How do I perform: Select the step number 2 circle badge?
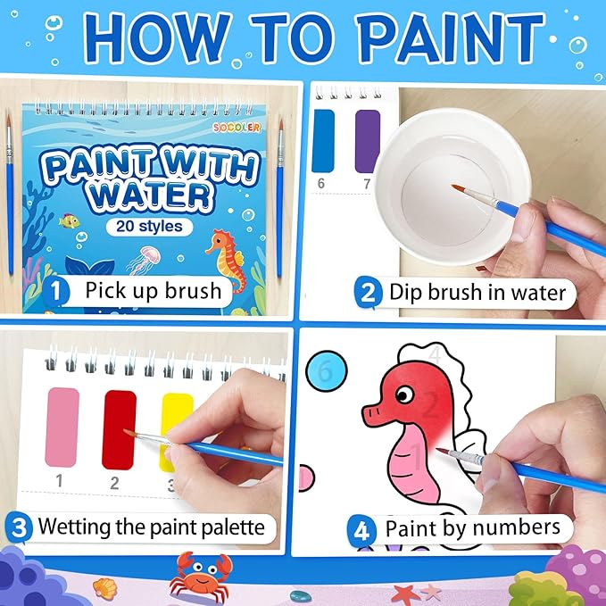(x=367, y=291)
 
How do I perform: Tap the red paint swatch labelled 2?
(x=119, y=429)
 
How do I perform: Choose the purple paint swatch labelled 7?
(x=367, y=140)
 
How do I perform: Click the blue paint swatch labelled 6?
(x=324, y=140)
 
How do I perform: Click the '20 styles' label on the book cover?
(x=149, y=226)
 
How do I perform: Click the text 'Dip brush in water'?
(x=477, y=292)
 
